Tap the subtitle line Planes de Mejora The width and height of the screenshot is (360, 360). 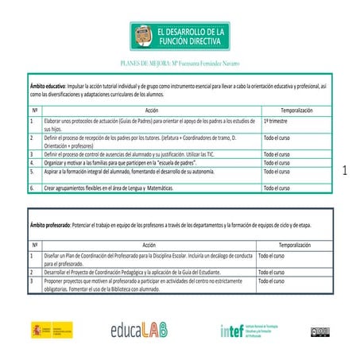point(179,60)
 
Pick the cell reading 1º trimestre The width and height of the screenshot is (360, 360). point(277,121)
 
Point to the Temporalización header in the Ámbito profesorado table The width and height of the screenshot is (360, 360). point(285,246)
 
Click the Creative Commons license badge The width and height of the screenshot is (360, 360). point(319,331)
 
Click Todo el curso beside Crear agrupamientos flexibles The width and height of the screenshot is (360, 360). point(277,188)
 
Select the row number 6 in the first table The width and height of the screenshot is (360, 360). point(32,188)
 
